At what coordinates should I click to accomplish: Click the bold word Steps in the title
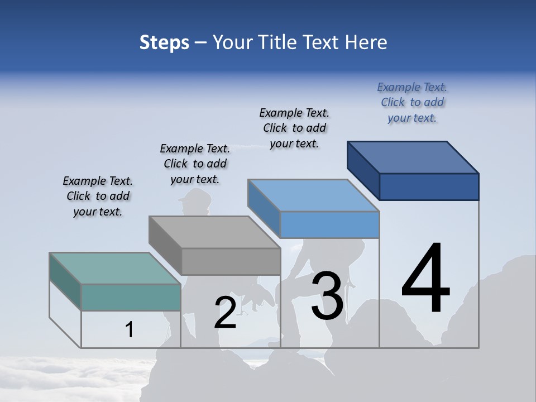164,42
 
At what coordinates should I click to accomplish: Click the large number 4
425,279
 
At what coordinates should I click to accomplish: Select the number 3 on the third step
327,295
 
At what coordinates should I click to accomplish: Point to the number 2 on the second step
225,313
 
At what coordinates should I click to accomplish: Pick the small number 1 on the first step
129,330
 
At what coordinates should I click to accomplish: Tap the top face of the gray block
215,232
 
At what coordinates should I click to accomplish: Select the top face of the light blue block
314,195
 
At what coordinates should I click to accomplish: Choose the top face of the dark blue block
413,157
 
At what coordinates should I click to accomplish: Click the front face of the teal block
131,297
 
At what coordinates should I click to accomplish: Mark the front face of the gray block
231,261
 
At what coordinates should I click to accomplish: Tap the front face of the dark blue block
429,186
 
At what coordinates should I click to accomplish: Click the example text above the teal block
98,196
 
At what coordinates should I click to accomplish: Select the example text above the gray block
195,164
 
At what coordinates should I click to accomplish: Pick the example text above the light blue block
294,128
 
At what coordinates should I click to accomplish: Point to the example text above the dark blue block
412,102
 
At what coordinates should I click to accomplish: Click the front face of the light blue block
329,224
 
